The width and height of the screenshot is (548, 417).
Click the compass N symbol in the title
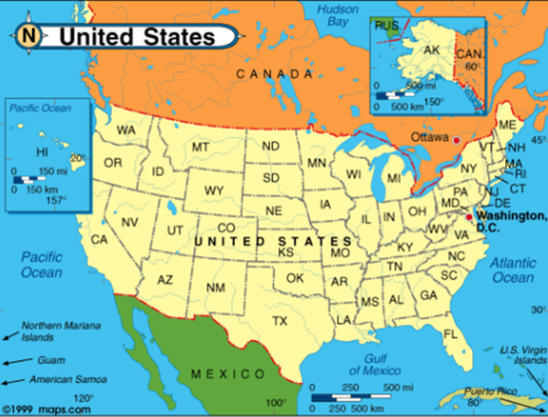click(x=30, y=37)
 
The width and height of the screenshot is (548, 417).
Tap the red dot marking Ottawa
click(x=456, y=140)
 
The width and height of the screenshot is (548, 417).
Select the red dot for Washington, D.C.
click(x=469, y=215)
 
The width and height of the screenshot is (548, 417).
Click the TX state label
click(x=280, y=320)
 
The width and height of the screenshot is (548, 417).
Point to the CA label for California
click(x=100, y=239)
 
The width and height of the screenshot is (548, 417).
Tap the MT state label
click(x=201, y=147)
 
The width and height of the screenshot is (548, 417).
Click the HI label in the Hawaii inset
click(x=42, y=152)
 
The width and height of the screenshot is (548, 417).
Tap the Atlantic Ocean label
click(x=512, y=270)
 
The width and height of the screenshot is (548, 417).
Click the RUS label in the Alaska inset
click(x=385, y=27)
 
